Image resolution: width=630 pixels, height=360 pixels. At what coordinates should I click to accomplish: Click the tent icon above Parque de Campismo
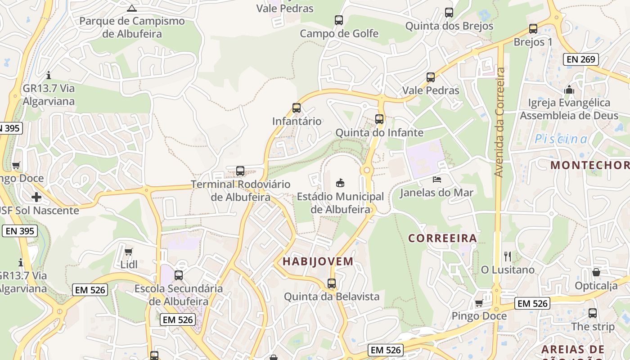coord(131,8)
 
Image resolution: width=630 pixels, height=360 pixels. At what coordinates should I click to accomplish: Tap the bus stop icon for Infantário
coord(296,108)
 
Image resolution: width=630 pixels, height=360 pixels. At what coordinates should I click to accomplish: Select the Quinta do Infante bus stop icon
coord(379,119)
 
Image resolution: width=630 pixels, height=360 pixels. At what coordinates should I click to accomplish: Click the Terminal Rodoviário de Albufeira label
coord(241,190)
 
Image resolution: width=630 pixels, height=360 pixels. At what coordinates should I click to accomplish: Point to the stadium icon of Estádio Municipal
coord(340,183)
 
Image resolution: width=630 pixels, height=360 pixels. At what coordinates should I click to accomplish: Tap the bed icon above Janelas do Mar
coord(436,180)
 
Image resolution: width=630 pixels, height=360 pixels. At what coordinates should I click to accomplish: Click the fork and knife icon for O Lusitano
coord(508,256)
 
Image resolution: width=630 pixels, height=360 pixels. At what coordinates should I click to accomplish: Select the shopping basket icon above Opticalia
coord(596,272)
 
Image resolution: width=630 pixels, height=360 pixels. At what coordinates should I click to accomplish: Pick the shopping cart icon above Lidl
coord(129,252)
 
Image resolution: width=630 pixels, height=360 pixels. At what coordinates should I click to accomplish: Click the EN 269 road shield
coord(581,59)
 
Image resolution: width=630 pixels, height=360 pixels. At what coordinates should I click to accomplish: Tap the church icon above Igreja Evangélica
coord(569,90)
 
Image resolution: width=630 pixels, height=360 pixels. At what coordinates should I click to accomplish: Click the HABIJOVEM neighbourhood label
coord(318,261)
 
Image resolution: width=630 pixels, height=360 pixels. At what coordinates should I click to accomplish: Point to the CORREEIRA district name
coord(442,238)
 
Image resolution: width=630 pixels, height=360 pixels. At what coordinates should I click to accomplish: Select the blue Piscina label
coord(561,139)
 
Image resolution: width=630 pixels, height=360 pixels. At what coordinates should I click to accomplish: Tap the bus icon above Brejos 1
coord(533,29)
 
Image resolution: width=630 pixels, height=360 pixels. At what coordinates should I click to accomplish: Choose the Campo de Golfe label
coord(339,34)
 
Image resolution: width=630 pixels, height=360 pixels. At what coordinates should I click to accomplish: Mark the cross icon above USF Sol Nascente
coord(36,197)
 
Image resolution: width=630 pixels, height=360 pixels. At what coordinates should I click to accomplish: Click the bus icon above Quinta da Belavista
coord(332,283)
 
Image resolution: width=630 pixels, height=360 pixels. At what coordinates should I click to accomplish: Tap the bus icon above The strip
coord(593,313)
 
